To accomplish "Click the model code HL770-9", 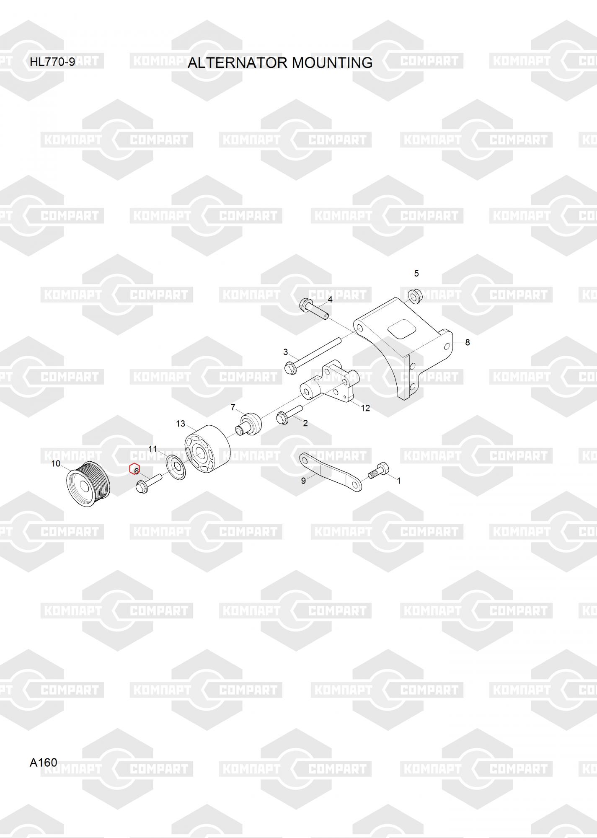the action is coord(52,62).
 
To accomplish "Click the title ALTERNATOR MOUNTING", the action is coord(280,62).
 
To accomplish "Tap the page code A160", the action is coord(43,762).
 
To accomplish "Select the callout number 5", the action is coord(416,274).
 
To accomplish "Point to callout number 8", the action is coord(468,342).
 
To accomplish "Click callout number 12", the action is coord(365,408).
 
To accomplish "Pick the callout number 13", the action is coord(181,424).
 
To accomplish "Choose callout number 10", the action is coord(56,463).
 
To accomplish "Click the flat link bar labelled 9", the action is coord(331,471).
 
